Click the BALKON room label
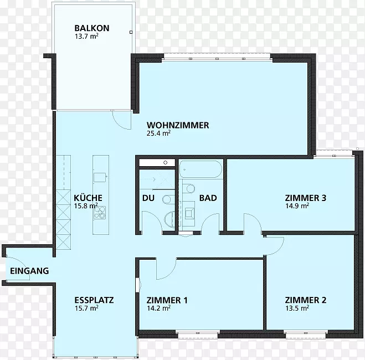92,28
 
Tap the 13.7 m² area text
86,37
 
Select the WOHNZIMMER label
178,125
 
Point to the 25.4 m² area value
158,133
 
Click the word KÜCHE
88,198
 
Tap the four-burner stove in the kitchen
100,213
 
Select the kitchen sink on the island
100,177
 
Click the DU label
148,198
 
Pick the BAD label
208,198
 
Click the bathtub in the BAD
201,169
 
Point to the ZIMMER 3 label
305,198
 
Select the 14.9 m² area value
297,206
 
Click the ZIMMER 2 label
305,300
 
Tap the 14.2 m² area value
158,308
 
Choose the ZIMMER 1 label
167,300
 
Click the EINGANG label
29,271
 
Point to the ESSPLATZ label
94,300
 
